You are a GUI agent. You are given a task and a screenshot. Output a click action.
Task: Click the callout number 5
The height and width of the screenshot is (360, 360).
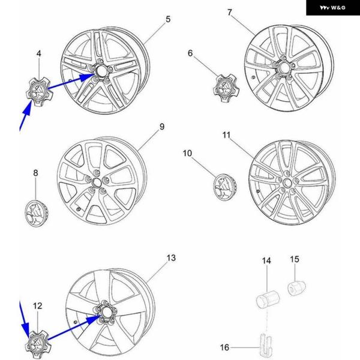(168, 19)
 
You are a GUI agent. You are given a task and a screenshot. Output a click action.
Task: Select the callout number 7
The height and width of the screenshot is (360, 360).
(230, 13)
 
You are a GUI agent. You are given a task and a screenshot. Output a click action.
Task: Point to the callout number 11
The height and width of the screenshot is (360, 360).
(226, 135)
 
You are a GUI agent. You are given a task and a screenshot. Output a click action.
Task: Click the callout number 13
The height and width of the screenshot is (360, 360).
(171, 258)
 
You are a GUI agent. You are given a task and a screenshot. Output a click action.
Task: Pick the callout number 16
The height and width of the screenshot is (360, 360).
(224, 347)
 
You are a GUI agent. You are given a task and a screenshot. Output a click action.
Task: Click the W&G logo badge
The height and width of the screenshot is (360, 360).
(332, 8)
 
